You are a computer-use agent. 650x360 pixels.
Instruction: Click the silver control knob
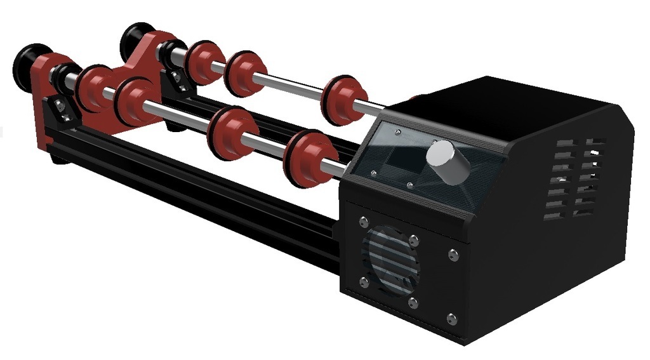(448, 162)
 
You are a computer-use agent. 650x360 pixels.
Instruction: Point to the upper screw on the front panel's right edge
(453, 254)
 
